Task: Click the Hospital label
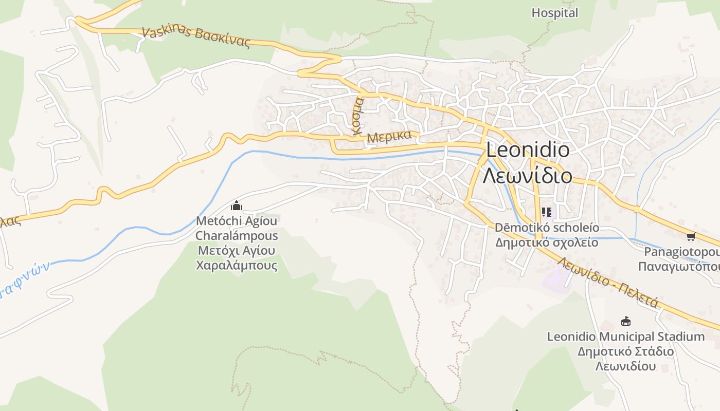[x=554, y=13]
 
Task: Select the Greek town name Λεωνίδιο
[x=528, y=176]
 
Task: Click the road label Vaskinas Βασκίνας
[x=195, y=36]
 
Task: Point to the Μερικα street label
[x=389, y=137]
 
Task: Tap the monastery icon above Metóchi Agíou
[x=237, y=206]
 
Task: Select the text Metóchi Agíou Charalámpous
[x=237, y=229]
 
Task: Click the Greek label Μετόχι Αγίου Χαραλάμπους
[x=237, y=258]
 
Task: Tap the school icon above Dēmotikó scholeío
[x=546, y=212]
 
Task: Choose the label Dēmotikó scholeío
[x=547, y=227]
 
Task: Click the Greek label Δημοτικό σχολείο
[x=547, y=242]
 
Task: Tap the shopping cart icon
[x=691, y=236]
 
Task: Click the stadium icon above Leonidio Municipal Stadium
[x=626, y=322]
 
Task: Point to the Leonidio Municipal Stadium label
[x=625, y=337]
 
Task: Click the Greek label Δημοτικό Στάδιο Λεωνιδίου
[x=625, y=359]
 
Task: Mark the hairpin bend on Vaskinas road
[x=337, y=59]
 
